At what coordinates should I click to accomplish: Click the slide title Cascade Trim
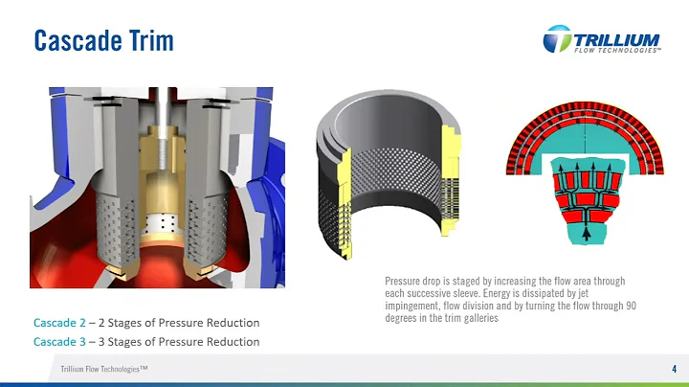pos(103,40)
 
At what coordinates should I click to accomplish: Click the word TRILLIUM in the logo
pos(617,38)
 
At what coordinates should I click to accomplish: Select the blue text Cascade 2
pos(59,323)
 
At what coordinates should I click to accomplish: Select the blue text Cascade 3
pos(59,342)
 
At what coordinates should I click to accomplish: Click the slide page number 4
pos(674,369)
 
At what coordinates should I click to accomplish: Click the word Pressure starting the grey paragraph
pos(401,282)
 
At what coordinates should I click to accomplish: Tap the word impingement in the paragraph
pos(409,306)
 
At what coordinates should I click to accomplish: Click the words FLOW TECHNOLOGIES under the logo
pos(617,50)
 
